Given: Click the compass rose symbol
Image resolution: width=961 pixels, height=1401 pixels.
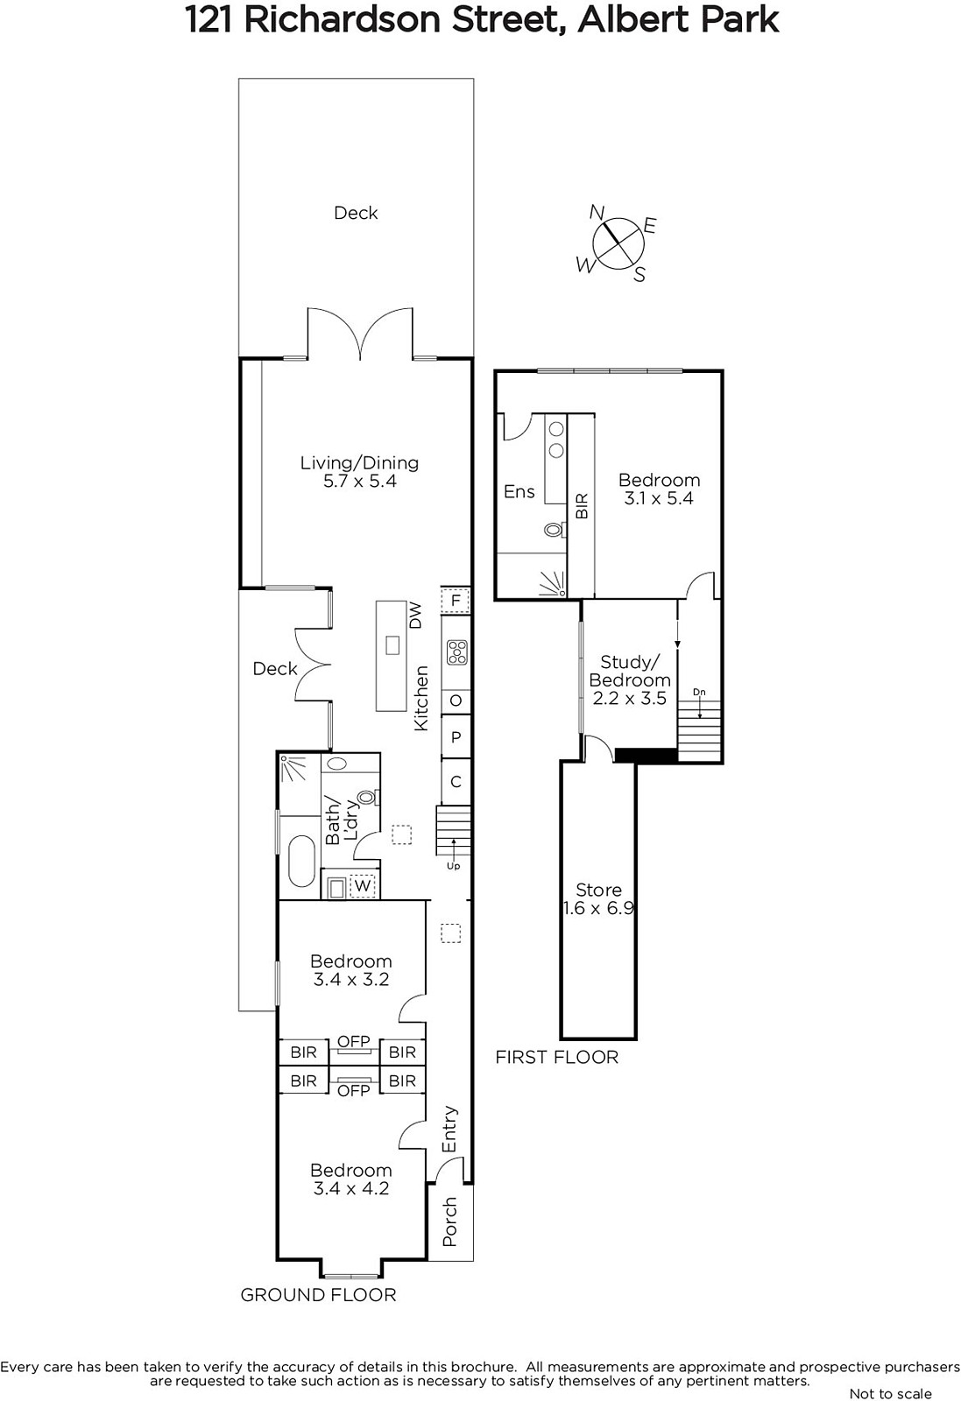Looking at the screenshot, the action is tap(618, 243).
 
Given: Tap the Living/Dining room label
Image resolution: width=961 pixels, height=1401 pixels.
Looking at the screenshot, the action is tap(360, 472).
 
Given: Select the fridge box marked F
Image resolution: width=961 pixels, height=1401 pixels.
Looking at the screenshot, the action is tap(456, 601).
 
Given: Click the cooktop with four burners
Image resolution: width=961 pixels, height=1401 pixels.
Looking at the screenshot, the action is tap(456, 651).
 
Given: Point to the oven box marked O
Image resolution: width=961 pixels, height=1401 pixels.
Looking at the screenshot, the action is tap(456, 700).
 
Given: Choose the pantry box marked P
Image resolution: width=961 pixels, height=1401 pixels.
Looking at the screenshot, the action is tap(456, 736).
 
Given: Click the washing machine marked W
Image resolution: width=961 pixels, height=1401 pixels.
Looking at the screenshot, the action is tap(363, 885).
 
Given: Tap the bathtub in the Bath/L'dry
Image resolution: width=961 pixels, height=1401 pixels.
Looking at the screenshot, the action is tap(302, 861).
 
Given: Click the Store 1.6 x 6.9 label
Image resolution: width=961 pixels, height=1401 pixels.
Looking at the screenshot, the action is tap(598, 898).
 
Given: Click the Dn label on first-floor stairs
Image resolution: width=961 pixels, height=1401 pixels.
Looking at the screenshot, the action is tap(699, 693).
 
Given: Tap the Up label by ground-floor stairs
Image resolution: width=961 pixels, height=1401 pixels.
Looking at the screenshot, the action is tap(453, 866).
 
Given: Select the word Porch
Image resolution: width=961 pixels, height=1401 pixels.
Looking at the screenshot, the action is tap(450, 1222).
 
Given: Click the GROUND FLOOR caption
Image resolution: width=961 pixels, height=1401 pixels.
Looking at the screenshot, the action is tap(319, 1295).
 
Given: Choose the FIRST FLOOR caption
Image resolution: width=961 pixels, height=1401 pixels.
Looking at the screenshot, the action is tap(557, 1057).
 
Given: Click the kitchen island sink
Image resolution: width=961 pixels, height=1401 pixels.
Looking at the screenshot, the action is tap(392, 644).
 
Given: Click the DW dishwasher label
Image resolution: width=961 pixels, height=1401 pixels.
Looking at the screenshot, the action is tap(416, 616).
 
